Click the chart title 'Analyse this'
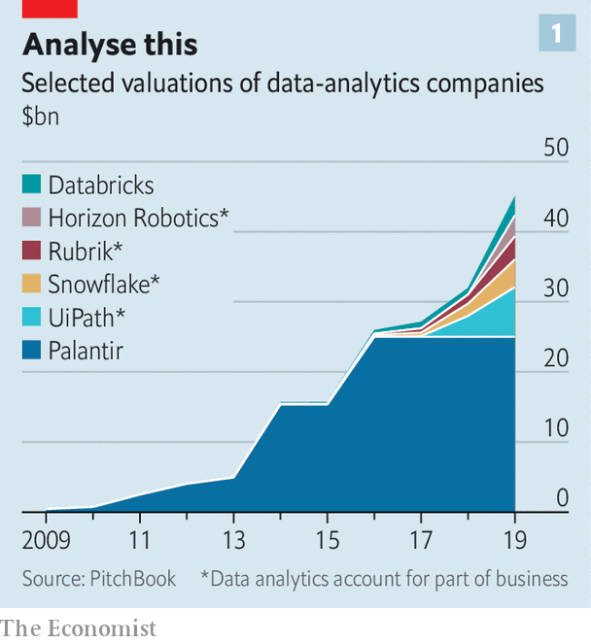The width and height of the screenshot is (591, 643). click(x=110, y=44)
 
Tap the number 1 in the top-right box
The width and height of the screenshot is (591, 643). click(x=557, y=35)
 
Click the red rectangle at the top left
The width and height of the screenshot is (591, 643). click(x=50, y=8)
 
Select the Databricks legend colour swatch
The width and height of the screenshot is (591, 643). click(x=32, y=185)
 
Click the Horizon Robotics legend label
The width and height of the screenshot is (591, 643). click(x=139, y=218)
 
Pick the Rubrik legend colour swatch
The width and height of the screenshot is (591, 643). click(x=32, y=251)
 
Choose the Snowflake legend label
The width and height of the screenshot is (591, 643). click(x=104, y=284)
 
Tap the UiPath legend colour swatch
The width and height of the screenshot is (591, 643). click(x=32, y=317)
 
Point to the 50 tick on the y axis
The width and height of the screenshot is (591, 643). click(x=555, y=148)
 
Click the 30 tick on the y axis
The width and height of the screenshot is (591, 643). click(x=555, y=288)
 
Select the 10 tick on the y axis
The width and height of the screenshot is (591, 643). click(x=555, y=428)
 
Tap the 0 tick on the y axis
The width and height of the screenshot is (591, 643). click(x=561, y=498)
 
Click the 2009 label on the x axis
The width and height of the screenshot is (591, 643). click(x=44, y=539)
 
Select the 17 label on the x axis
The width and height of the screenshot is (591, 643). click(x=420, y=539)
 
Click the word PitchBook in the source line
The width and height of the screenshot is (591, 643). click(x=135, y=578)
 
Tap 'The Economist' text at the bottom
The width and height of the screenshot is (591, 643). click(x=78, y=627)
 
